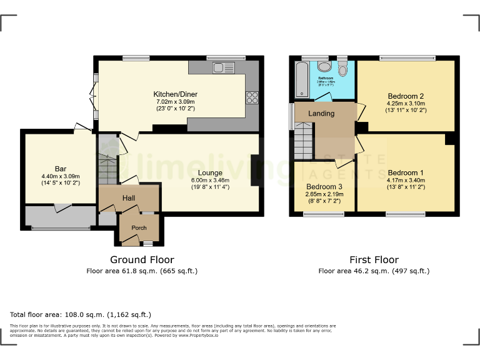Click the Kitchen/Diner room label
click(x=175, y=94)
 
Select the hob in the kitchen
click(x=253, y=97)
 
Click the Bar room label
click(x=61, y=169)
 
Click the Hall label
click(x=129, y=198)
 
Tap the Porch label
click(x=139, y=228)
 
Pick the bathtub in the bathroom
click(x=301, y=80)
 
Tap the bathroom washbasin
click(x=324, y=66)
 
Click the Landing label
click(x=321, y=114)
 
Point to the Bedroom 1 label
click(x=406, y=173)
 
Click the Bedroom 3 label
click(x=324, y=186)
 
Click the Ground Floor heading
click(x=142, y=259)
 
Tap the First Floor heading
click(x=374, y=259)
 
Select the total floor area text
click(x=81, y=314)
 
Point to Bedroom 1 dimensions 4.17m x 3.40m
click(x=406, y=181)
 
